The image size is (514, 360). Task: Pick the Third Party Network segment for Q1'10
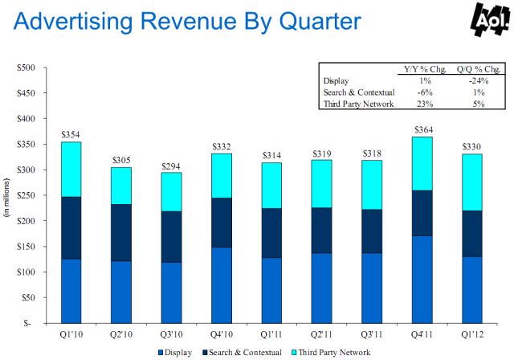coord(70,170)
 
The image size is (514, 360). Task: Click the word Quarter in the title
coord(308,22)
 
